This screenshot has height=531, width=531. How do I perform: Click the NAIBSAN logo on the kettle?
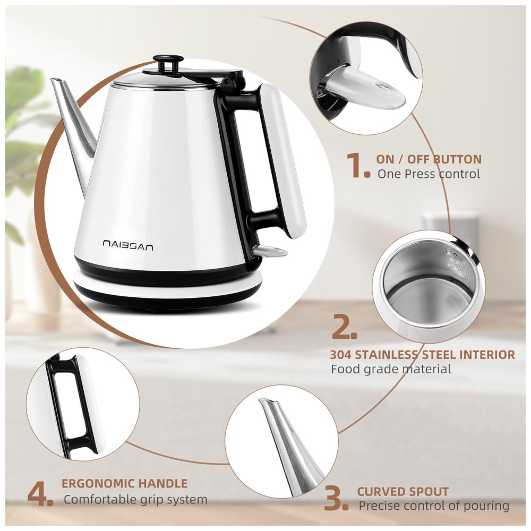click(x=128, y=245)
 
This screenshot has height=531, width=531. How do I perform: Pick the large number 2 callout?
click(x=344, y=326)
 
